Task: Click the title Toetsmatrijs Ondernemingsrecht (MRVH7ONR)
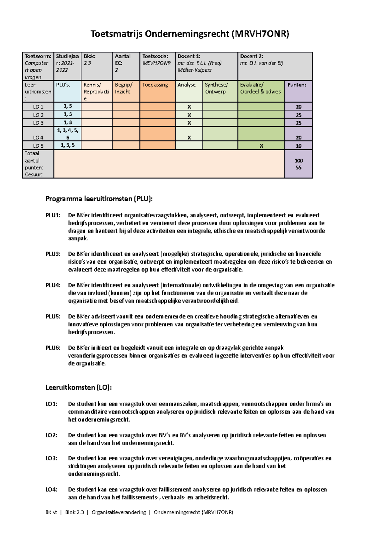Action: pyautogui.click(x=190, y=34)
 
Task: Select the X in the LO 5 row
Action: pyautogui.click(x=261, y=146)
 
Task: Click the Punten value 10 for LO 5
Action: pyautogui.click(x=299, y=146)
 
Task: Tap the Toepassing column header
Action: pyautogui.click(x=155, y=85)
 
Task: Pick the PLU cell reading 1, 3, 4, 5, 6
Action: pyautogui.click(x=67, y=134)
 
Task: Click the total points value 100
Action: pyautogui.click(x=299, y=161)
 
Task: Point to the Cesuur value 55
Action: pyautogui.click(x=299, y=168)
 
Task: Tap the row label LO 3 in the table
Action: pyautogui.click(x=38, y=123)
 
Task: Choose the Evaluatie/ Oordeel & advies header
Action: pyautogui.click(x=260, y=88)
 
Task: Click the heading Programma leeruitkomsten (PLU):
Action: pyautogui.click(x=99, y=199)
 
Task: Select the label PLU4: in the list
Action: pyautogui.click(x=53, y=285)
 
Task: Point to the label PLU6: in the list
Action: pyautogui.click(x=53, y=348)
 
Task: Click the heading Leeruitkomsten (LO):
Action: pyautogui.click(x=79, y=387)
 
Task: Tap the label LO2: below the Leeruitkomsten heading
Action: pyautogui.click(x=51, y=435)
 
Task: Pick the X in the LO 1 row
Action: pyautogui.click(x=189, y=107)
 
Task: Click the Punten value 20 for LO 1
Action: pyautogui.click(x=299, y=107)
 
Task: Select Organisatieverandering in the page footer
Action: pyautogui.click(x=119, y=512)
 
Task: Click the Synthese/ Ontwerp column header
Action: pyautogui.click(x=216, y=88)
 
